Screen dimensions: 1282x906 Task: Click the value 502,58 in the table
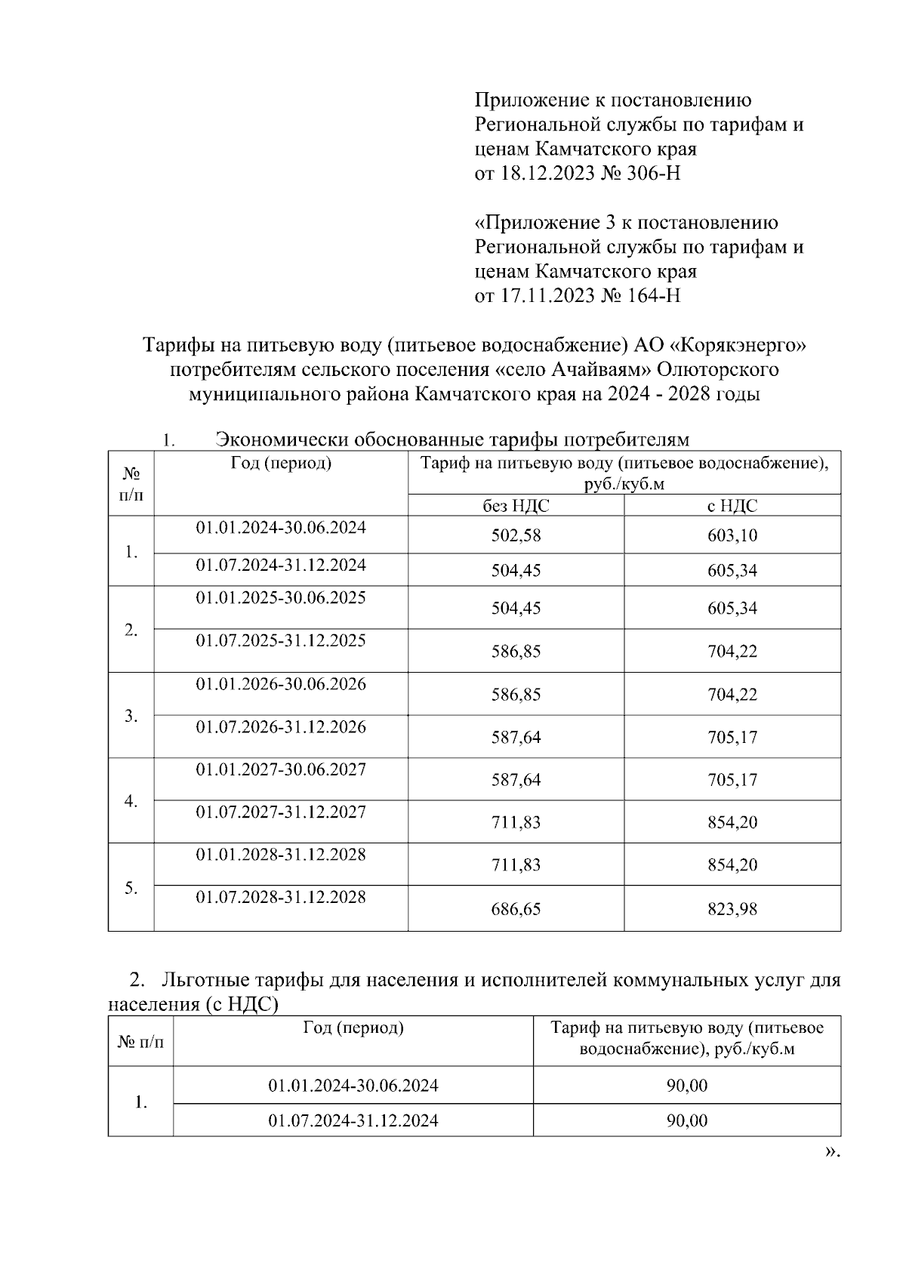(516, 535)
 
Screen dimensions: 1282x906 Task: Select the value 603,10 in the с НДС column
(732, 535)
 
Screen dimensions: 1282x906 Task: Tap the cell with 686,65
(516, 909)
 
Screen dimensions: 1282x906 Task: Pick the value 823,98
(732, 909)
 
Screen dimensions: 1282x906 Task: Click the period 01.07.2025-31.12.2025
(281, 640)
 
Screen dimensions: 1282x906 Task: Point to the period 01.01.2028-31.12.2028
(281, 854)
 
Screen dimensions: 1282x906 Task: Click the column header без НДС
(516, 506)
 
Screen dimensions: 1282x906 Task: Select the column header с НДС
(732, 506)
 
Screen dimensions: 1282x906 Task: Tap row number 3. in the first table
(131, 716)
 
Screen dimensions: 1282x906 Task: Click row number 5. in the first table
(131, 888)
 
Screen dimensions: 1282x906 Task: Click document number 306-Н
(654, 174)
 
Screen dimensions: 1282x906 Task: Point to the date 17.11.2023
(545, 295)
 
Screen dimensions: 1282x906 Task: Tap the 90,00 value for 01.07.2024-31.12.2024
(686, 1120)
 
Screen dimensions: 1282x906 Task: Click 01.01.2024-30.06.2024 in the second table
(353, 1086)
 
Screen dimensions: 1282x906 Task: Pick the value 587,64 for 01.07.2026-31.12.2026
(516, 737)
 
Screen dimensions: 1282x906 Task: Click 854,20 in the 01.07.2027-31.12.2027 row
(732, 822)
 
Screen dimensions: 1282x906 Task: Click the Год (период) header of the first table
(281, 464)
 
